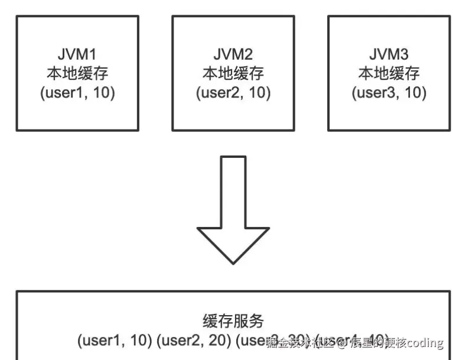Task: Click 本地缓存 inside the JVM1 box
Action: point(77,74)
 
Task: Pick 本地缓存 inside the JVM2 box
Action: point(233,74)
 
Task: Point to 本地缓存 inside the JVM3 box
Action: point(389,74)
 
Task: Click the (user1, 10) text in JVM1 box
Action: point(77,93)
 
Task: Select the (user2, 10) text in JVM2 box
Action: point(233,93)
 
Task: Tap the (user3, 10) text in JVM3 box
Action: point(389,93)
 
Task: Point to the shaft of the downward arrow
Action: point(233,189)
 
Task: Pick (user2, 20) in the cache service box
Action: point(195,341)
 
